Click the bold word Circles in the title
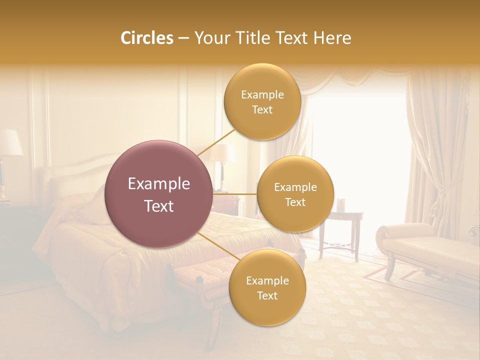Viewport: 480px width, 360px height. tap(146, 38)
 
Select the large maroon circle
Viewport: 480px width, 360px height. tap(158, 194)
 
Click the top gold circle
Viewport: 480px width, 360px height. tap(262, 102)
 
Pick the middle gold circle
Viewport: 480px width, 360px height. tap(295, 194)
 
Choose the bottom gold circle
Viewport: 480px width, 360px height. tap(267, 287)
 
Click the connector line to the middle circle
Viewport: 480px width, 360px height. tap(235, 193)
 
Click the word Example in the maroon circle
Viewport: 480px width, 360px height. tap(158, 183)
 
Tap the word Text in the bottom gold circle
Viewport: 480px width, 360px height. tap(267, 295)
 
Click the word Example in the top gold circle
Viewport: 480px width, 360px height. tap(262, 94)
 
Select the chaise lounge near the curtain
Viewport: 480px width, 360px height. tap(425, 245)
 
